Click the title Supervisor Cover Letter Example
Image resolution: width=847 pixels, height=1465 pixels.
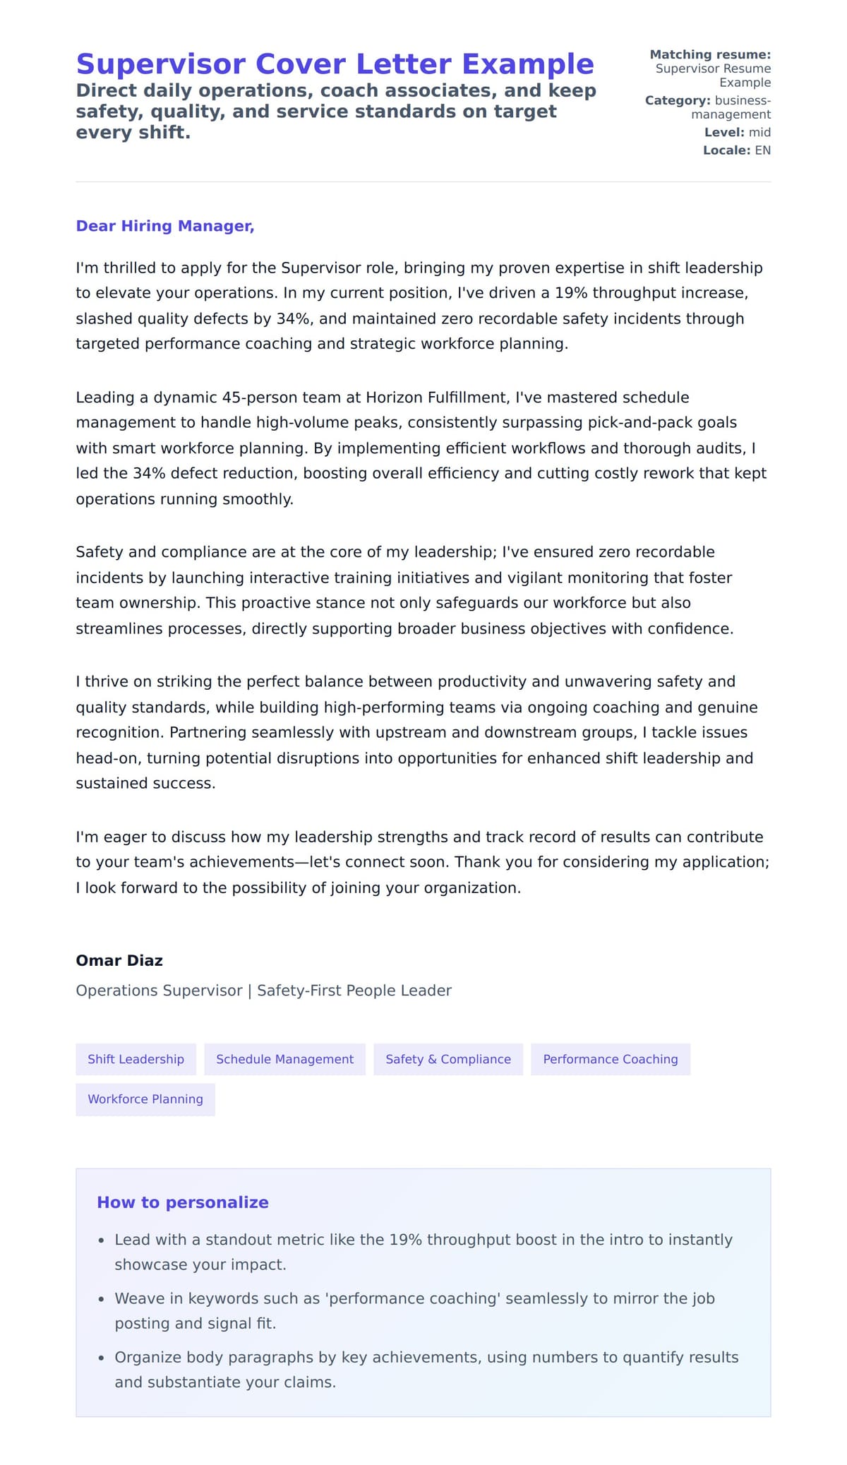point(335,64)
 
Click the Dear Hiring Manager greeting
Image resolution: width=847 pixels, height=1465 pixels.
point(164,226)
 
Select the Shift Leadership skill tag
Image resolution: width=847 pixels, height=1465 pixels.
point(136,1059)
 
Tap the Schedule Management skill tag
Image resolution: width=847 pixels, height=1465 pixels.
point(284,1059)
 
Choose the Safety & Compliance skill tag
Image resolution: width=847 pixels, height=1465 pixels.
point(447,1059)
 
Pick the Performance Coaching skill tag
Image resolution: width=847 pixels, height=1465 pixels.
point(610,1059)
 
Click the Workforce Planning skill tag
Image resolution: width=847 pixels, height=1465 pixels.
point(145,1099)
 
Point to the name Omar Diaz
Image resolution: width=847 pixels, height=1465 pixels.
point(119,960)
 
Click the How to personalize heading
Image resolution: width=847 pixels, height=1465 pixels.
point(183,1202)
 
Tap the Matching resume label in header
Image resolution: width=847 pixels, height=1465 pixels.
point(709,54)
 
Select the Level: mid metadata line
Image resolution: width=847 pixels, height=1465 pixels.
point(737,133)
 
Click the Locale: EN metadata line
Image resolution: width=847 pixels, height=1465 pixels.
point(736,150)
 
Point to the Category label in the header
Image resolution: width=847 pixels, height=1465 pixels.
point(677,101)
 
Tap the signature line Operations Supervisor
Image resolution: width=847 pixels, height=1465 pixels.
point(159,991)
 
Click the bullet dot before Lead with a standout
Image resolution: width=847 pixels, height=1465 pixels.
point(102,1240)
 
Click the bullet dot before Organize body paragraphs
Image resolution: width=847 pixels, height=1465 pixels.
point(102,1358)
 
